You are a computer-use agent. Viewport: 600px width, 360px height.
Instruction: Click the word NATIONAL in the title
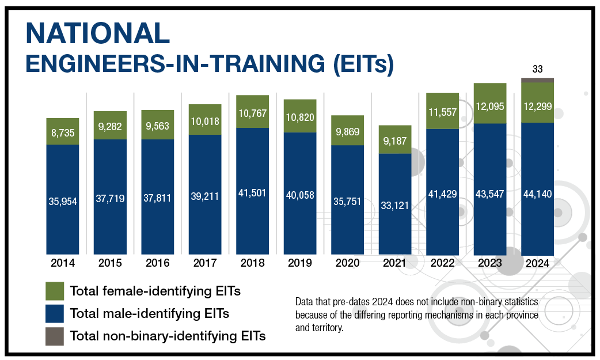[98, 34]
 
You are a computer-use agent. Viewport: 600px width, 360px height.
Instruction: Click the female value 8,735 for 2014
[63, 132]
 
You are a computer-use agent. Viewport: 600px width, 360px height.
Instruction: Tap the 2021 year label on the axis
[395, 263]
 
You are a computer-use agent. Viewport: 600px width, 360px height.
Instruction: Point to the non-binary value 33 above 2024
[537, 69]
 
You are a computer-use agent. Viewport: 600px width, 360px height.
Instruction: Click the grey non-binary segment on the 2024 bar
[537, 80]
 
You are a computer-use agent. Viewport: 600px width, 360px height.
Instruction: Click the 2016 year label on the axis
[158, 263]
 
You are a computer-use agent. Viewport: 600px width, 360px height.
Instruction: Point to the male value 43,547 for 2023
[490, 194]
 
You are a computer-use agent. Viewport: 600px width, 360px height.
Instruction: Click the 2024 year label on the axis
[537, 265]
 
